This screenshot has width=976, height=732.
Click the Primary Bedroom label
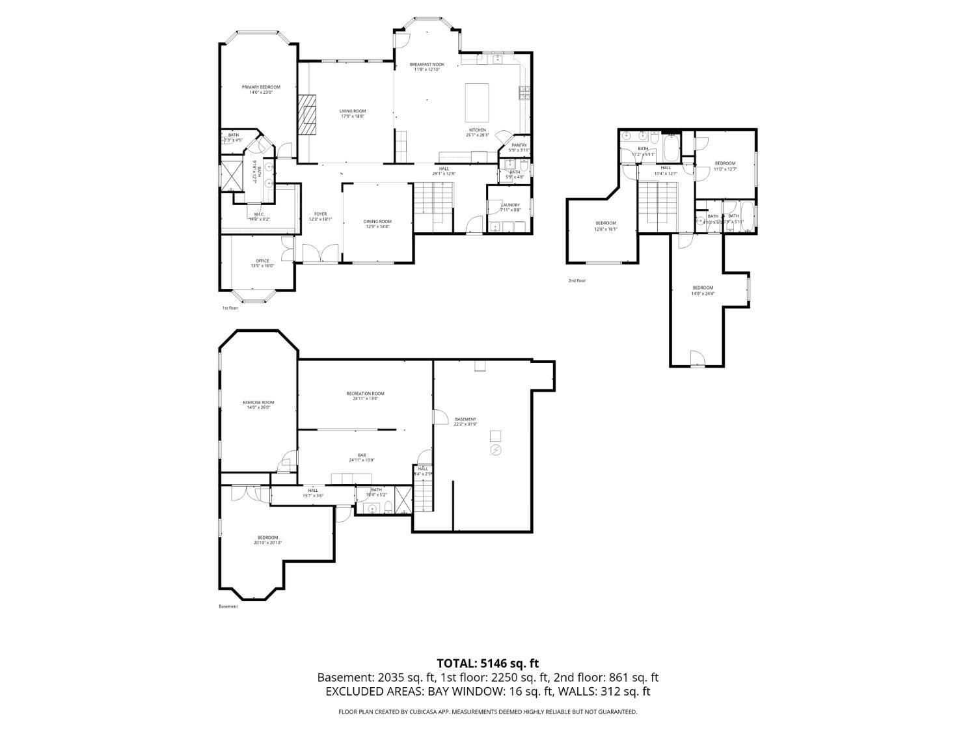(261, 90)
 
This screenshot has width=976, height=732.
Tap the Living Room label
(353, 114)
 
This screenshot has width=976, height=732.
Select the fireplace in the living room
(307, 114)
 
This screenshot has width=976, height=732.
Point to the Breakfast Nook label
(427, 66)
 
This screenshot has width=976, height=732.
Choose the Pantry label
(519, 147)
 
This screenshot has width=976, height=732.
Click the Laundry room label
(510, 207)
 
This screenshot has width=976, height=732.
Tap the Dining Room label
(377, 224)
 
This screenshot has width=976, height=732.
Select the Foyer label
(320, 216)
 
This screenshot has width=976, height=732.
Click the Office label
(262, 263)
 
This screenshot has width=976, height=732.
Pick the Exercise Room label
(258, 405)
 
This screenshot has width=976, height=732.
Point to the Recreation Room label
(365, 396)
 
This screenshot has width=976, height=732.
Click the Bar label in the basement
(362, 457)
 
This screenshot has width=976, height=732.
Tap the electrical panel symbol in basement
(496, 450)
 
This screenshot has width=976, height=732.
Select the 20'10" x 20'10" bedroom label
(267, 540)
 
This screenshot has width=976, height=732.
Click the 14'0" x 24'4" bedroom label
(703, 290)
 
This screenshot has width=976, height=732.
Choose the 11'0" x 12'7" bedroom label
(725, 166)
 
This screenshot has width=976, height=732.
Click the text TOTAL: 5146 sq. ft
(487, 664)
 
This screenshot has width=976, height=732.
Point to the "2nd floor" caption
(576, 280)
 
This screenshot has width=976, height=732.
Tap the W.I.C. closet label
(259, 216)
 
